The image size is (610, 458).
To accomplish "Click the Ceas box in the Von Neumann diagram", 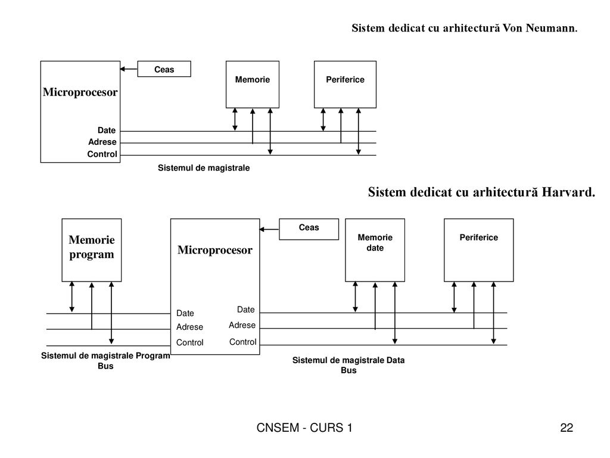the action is pos(164,69).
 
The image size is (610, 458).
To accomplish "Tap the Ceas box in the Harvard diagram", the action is pos(309,229).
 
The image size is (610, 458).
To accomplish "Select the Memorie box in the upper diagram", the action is pos(253,85).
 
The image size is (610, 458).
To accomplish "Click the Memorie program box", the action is pos(92,250).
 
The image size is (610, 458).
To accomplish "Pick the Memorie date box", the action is pos(375,250).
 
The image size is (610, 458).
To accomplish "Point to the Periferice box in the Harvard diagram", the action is pos(479,250).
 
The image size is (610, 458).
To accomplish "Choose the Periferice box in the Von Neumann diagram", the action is pos(345,85).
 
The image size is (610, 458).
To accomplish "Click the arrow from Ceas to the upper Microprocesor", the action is pos(129,69).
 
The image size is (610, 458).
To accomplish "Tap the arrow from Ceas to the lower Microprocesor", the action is pos(269,230).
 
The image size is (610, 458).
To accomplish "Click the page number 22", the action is pos(567,428).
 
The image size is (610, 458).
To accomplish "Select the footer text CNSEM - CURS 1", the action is pos(304,428).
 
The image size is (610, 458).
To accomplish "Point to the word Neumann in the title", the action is pos(552,28).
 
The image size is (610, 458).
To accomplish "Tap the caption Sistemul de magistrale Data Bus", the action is pos(348,365).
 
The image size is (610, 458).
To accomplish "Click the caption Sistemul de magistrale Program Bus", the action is pos(105,361).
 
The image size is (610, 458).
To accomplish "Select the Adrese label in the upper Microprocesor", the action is pos(102,142).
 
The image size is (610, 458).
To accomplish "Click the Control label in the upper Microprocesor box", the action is pos(102,154).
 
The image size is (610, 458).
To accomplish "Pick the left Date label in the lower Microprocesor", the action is pos(185,313).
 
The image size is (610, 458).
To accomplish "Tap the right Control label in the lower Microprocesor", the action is pos(243,342).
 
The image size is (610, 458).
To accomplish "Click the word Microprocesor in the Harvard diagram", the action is pos(215,250).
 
